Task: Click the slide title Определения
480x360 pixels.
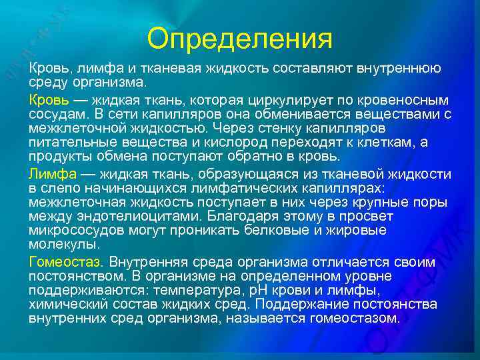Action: (239, 38)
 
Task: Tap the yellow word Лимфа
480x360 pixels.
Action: (51, 173)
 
